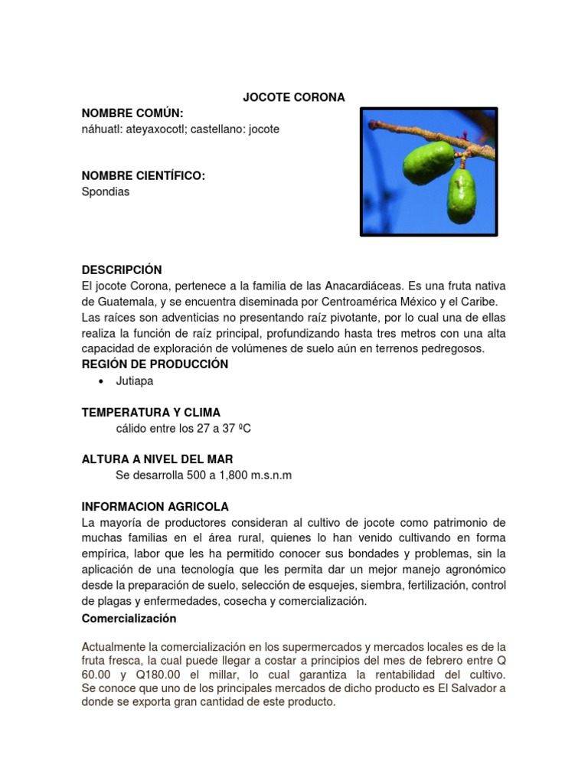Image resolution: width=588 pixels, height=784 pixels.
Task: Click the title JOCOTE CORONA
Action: pyautogui.click(x=294, y=97)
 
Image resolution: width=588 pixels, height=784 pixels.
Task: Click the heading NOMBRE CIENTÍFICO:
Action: pyautogui.click(x=143, y=176)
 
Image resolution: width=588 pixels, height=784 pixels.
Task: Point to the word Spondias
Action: pyautogui.click(x=106, y=192)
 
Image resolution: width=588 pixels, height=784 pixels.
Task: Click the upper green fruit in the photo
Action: pyautogui.click(x=429, y=158)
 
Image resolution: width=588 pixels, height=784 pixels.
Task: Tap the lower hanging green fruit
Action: pyautogui.click(x=462, y=195)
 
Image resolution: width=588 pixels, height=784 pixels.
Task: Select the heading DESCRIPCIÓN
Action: pyautogui.click(x=122, y=269)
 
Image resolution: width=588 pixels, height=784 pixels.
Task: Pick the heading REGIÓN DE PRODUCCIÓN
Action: pyautogui.click(x=155, y=364)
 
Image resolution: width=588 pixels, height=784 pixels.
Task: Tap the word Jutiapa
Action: pyautogui.click(x=136, y=381)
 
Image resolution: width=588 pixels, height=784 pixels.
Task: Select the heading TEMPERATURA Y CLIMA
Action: pyautogui.click(x=151, y=412)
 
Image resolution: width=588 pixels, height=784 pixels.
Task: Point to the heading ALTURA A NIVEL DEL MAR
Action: pyautogui.click(x=157, y=459)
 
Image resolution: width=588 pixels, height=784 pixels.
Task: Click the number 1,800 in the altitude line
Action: pyautogui.click(x=217, y=475)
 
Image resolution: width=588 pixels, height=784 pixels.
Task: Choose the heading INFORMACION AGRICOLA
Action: pyautogui.click(x=155, y=507)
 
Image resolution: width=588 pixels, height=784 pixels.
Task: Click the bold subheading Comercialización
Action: pyautogui.click(x=129, y=618)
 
